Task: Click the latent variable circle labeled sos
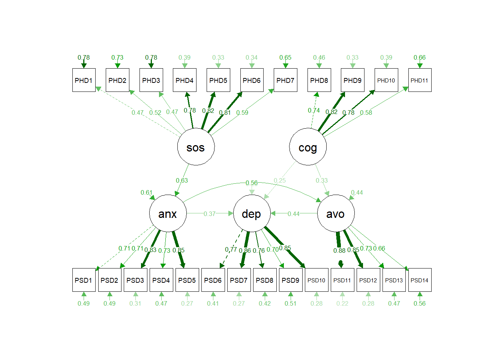tap(196, 147)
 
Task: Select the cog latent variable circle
tap(307, 147)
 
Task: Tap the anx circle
tap(168, 213)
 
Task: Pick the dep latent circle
tap(252, 213)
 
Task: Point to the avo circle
tap(336, 213)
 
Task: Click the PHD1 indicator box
tap(84, 80)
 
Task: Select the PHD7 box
tap(285, 80)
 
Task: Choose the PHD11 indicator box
tap(420, 80)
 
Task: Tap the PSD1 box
tap(84, 280)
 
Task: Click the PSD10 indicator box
tap(316, 280)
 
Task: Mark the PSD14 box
tap(420, 280)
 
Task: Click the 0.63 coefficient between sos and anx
tap(182, 180)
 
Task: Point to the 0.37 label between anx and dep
tap(210, 214)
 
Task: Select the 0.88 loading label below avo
tap(339, 250)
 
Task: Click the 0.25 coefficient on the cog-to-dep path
tap(280, 180)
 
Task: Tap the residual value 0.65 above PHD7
tap(285, 57)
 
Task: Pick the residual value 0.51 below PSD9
tap(291, 303)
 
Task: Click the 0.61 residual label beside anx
tap(147, 192)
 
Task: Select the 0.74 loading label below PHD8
tap(314, 110)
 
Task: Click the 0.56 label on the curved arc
tap(252, 183)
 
